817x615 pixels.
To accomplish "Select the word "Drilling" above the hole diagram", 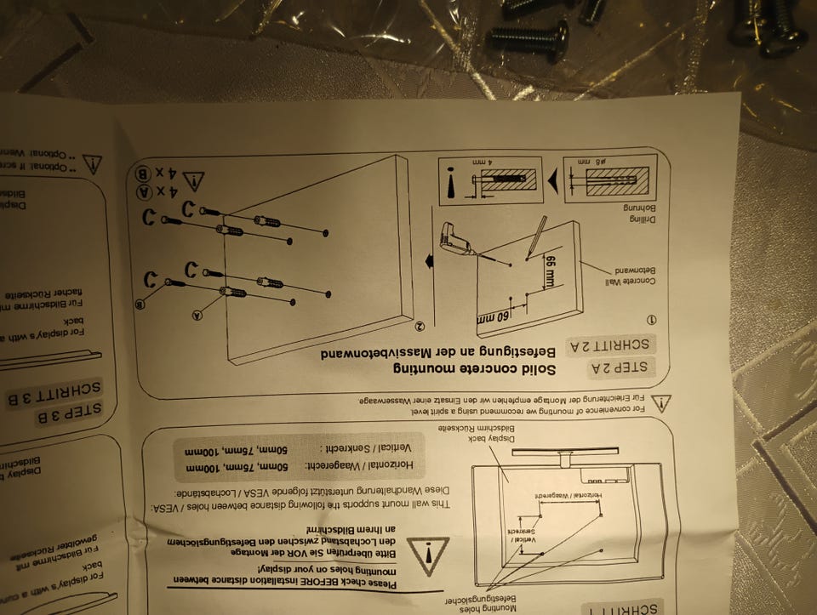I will (637, 218).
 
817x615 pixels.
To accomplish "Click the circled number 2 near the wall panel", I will (420, 326).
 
